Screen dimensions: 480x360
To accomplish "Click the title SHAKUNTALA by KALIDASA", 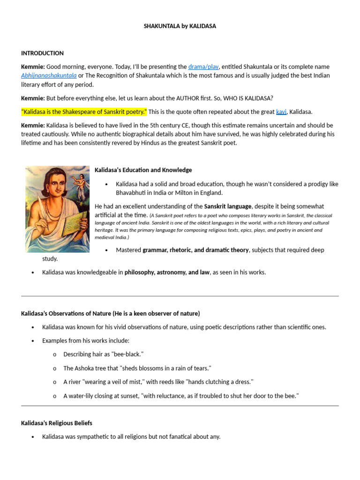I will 180,26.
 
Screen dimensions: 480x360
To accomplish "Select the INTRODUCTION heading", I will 42,53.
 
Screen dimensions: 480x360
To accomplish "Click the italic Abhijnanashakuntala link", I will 49,75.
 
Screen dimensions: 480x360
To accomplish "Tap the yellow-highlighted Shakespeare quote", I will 84,112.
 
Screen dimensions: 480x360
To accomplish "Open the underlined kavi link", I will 281,112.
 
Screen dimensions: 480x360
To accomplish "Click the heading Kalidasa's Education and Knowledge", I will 143,170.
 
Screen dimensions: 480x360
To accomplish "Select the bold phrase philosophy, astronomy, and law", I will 167,272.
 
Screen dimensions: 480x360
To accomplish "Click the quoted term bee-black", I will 122,354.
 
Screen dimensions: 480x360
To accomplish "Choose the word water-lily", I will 83,396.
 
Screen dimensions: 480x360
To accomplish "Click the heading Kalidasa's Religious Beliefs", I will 56,423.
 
